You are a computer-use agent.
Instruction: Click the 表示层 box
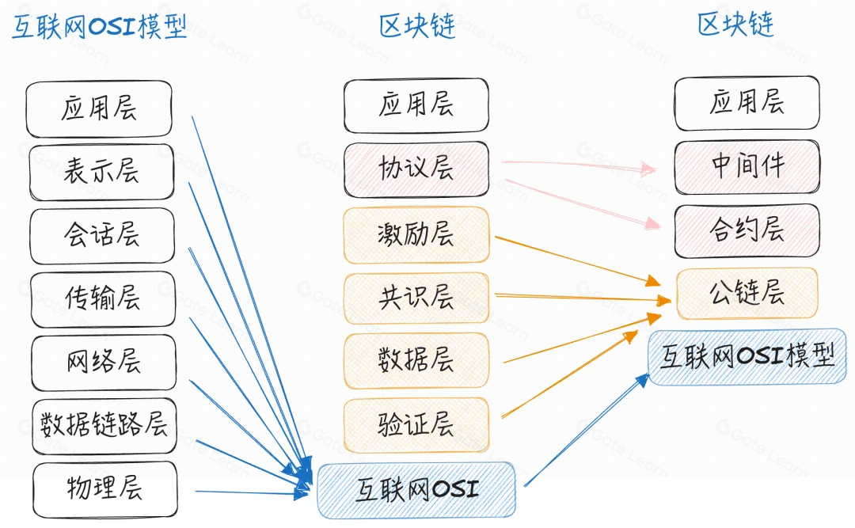pos(101,172)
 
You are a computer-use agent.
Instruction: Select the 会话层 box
pos(101,235)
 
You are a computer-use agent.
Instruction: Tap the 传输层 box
pos(101,298)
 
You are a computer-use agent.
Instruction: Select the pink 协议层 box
pos(416,169)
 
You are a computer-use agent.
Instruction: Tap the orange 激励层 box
pos(416,234)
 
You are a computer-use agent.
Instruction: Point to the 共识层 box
pos(416,298)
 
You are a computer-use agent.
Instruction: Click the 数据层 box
pos(416,360)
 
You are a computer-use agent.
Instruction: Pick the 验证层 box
pos(416,424)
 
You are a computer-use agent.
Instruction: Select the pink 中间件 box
pos(747,167)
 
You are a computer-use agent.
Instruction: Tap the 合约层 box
pos(747,230)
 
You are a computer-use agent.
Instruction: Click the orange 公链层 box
pos(747,293)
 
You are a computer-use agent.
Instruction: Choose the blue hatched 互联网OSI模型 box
pos(747,356)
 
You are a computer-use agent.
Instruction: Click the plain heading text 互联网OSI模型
pos(99,27)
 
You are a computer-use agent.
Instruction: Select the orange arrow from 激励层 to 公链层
pos(578,259)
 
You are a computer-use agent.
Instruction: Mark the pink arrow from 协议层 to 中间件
pos(578,165)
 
